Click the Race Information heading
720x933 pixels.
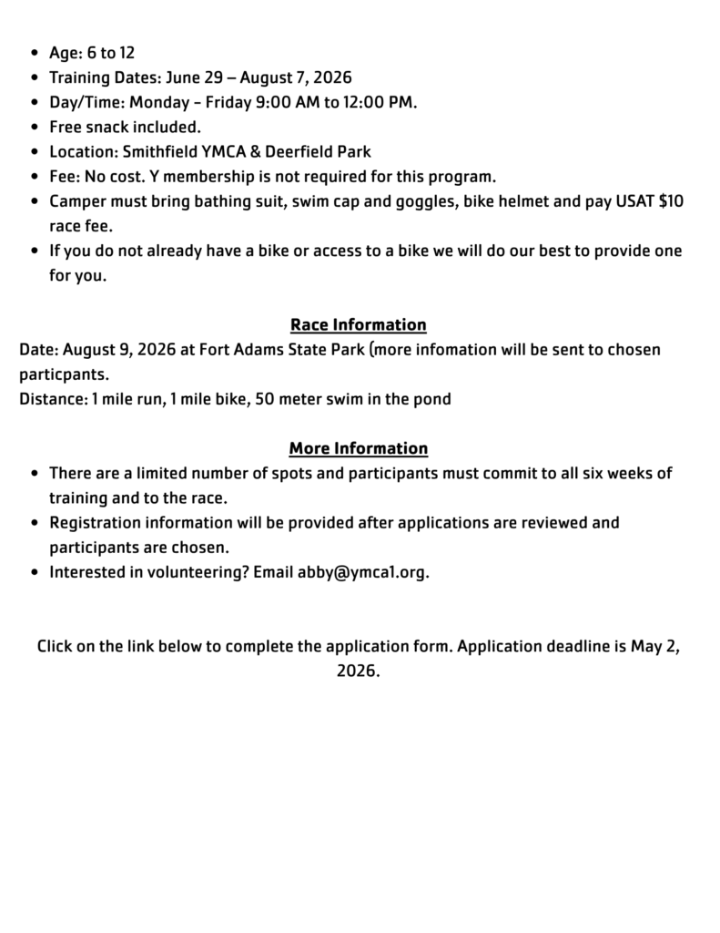click(359, 325)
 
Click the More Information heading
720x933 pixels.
click(359, 449)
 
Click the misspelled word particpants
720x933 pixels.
click(63, 374)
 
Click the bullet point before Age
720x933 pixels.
click(34, 53)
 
